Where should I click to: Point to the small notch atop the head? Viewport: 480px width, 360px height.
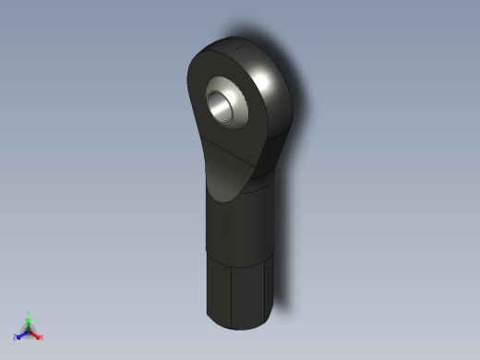click(x=239, y=43)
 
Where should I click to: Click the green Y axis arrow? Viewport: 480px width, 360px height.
click(x=29, y=320)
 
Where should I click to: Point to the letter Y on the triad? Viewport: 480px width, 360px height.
click(x=29, y=313)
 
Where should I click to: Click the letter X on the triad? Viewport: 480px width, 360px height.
click(x=41, y=338)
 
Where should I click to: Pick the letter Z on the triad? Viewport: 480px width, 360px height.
click(x=17, y=339)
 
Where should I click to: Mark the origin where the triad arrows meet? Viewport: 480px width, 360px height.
click(x=29, y=330)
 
